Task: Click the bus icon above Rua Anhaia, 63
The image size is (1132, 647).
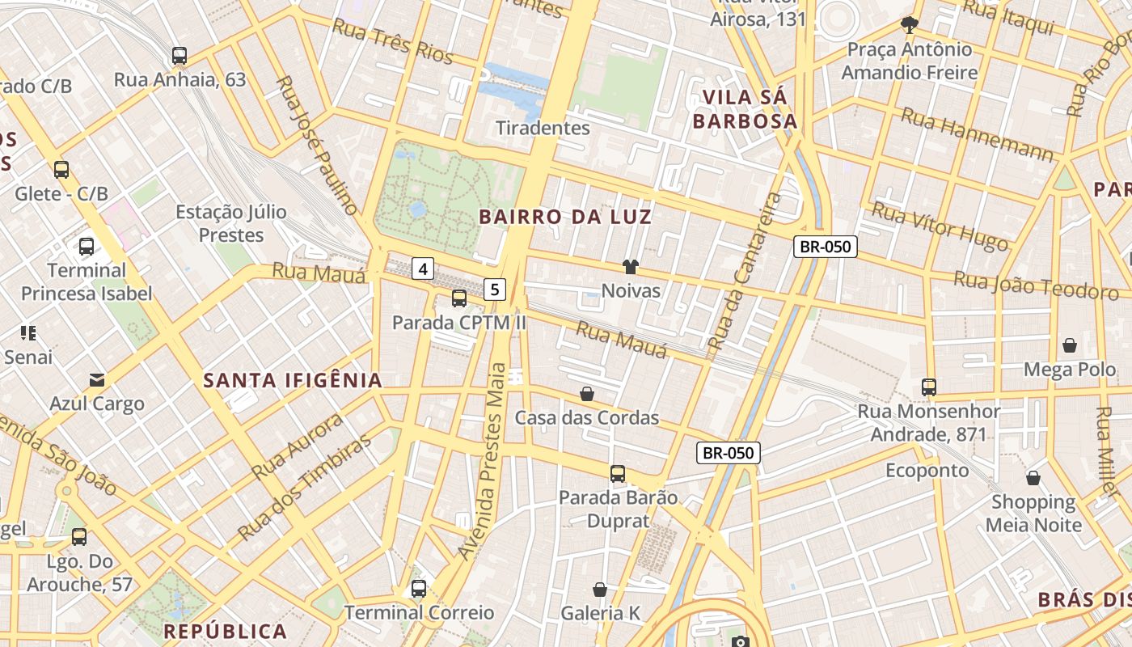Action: (x=180, y=56)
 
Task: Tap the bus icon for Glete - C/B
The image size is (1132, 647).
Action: (x=61, y=170)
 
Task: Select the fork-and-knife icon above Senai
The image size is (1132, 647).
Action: (x=29, y=332)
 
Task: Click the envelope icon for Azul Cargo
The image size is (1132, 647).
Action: (x=97, y=379)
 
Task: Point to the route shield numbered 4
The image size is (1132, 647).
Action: (x=424, y=268)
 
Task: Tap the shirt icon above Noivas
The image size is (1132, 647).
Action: (x=631, y=266)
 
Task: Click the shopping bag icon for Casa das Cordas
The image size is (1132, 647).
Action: (x=587, y=394)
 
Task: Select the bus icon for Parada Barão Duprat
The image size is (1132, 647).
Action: (x=618, y=473)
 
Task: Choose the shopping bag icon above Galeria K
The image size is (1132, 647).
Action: (x=600, y=590)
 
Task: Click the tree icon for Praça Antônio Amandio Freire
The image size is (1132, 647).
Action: (x=910, y=25)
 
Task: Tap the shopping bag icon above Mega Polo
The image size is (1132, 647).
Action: (x=1070, y=345)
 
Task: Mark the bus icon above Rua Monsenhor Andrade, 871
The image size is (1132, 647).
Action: (x=929, y=387)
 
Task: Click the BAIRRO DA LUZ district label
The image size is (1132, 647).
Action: (x=565, y=217)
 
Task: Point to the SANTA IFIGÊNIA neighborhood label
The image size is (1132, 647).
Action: (x=293, y=380)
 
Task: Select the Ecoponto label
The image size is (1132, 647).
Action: (x=927, y=471)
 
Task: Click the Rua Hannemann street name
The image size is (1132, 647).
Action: (x=977, y=133)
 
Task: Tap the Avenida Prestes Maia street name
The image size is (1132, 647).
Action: (x=491, y=461)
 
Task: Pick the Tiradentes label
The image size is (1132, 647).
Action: (x=543, y=128)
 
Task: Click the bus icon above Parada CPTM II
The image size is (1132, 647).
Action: (x=459, y=298)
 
